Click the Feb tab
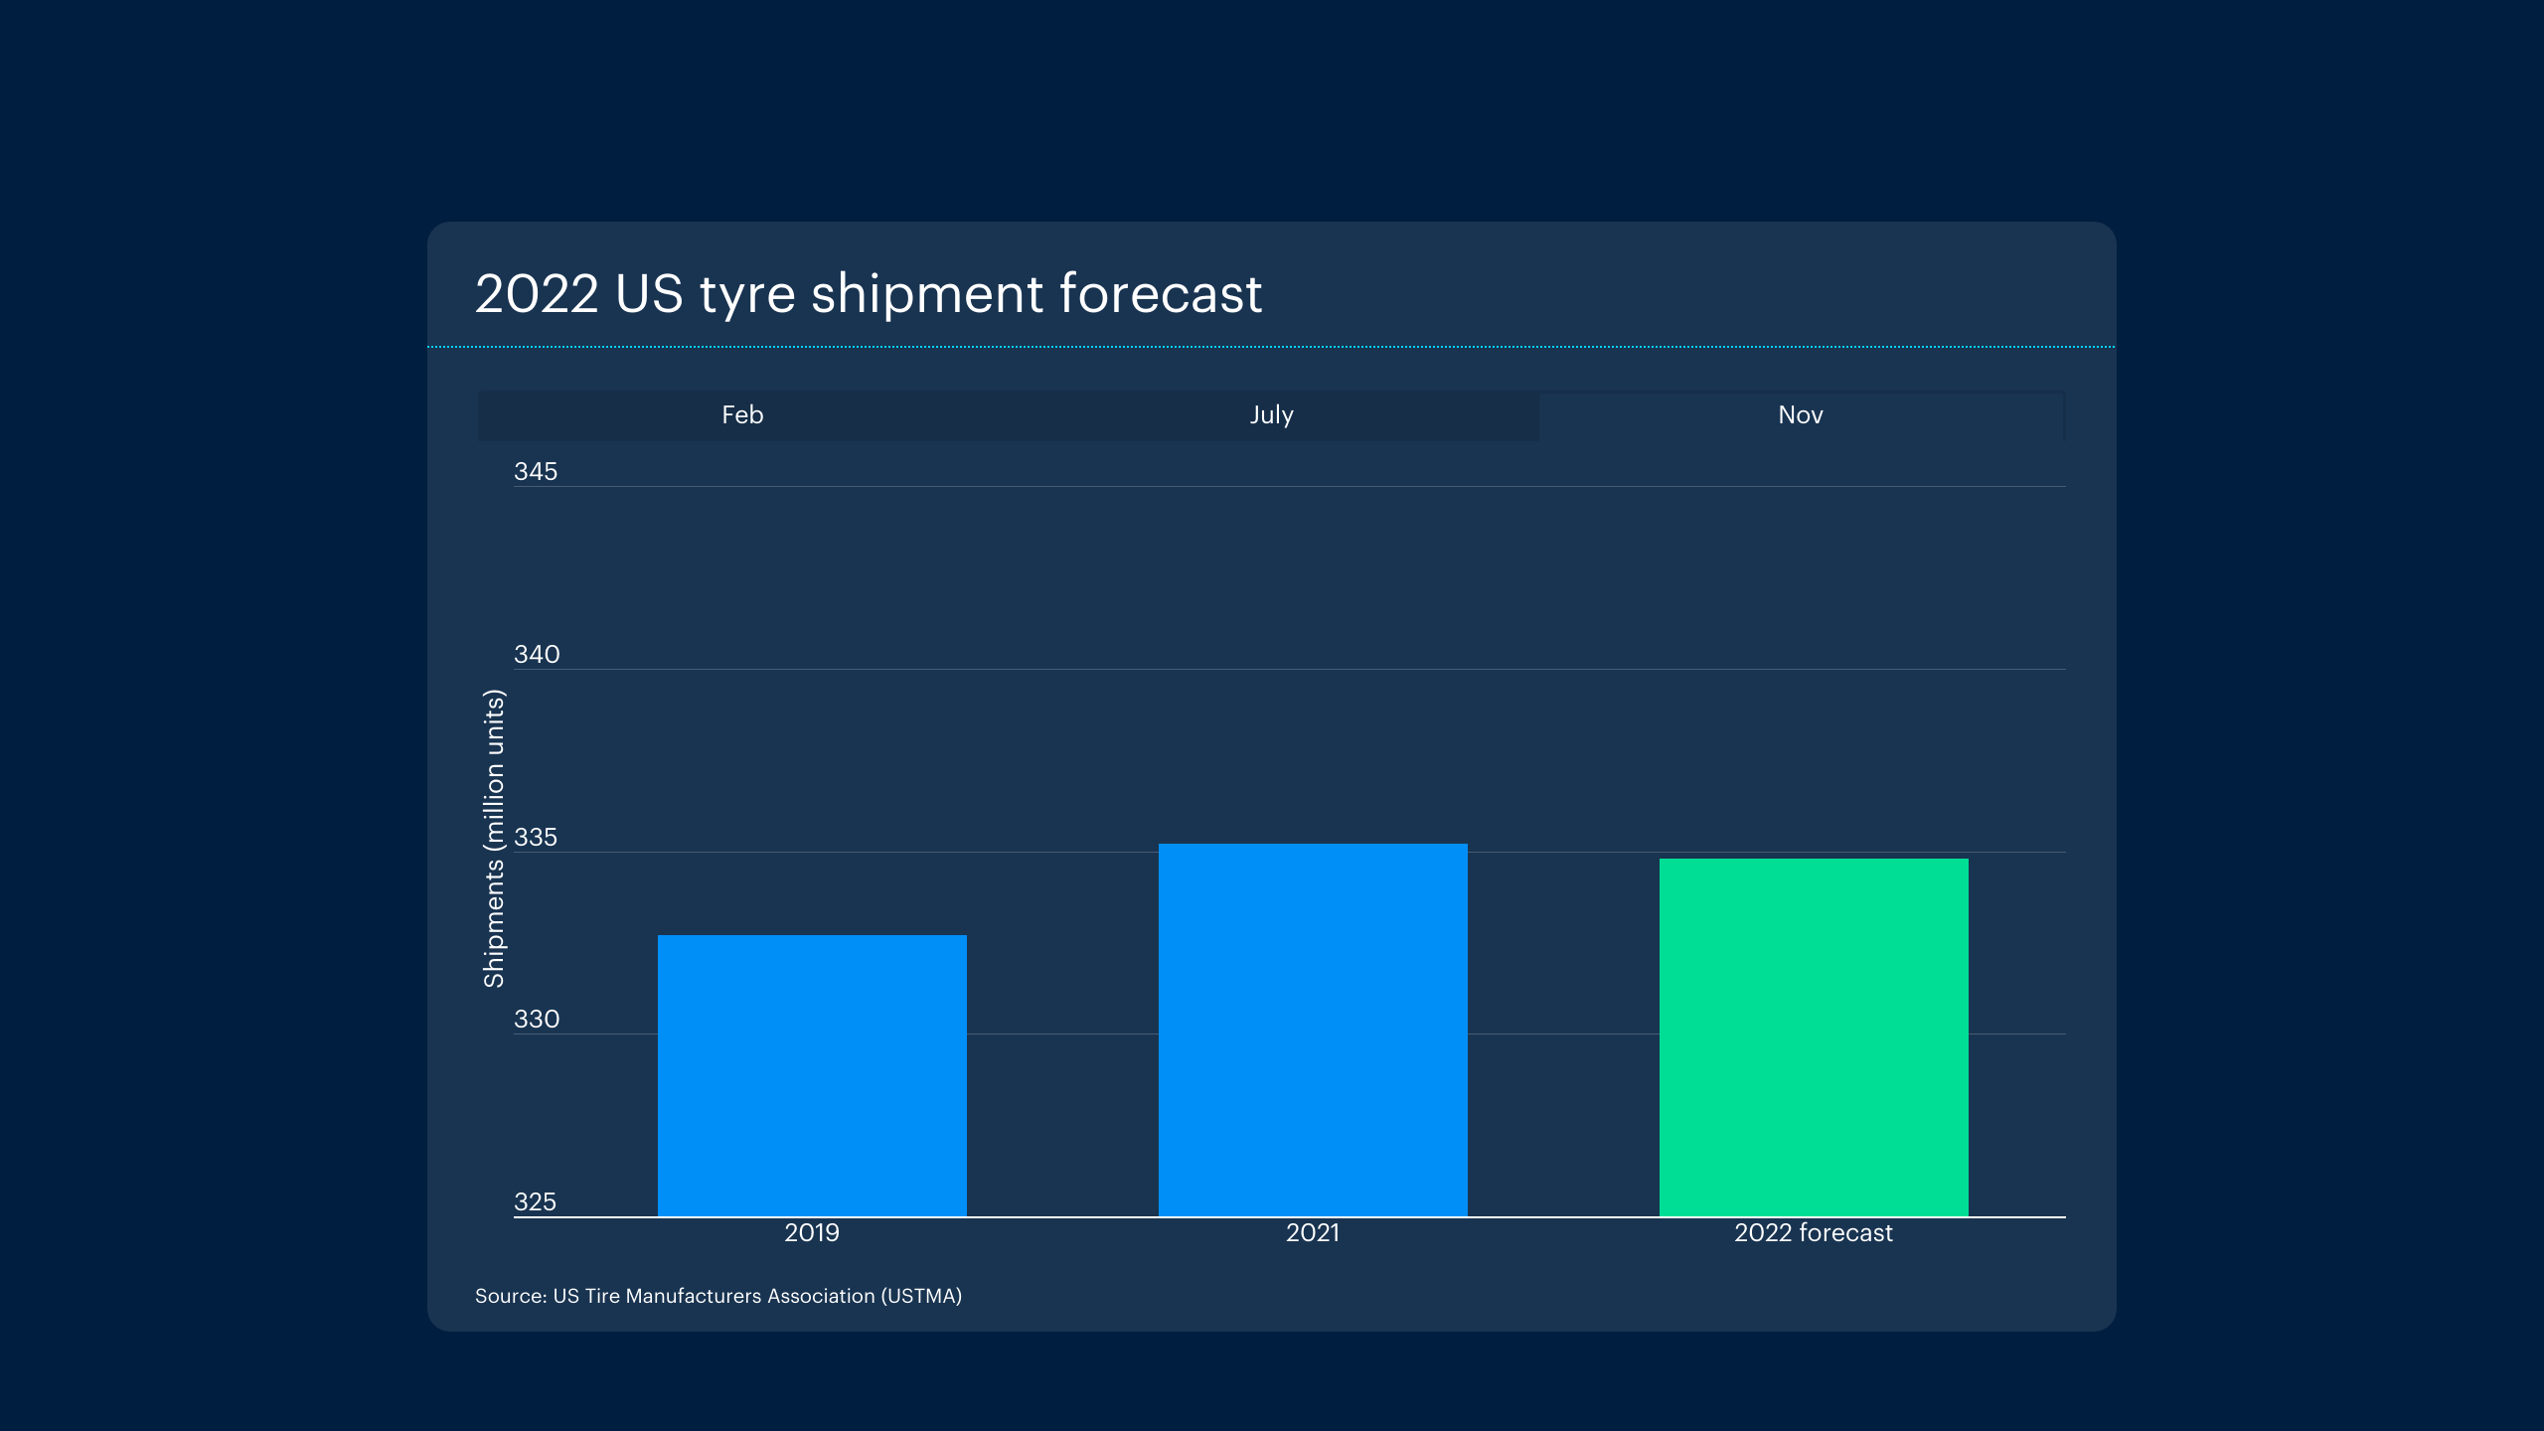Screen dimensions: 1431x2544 [x=742, y=414]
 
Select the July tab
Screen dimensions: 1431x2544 [x=1271, y=414]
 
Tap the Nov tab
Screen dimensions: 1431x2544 [x=1800, y=414]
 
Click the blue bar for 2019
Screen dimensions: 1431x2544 [x=812, y=1075]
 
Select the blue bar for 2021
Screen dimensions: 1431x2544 [x=1313, y=1030]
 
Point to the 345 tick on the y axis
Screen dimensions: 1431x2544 [x=536, y=471]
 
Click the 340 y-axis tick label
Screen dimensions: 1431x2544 [x=537, y=654]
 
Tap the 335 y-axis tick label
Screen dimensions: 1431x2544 [x=536, y=837]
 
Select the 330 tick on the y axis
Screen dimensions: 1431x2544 [x=537, y=1019]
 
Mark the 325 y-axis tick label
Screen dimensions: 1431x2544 [x=535, y=1201]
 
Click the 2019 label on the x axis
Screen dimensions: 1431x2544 [x=812, y=1232]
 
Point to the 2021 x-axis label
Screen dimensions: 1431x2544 [x=1313, y=1232]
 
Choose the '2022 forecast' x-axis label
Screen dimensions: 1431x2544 [x=1814, y=1232]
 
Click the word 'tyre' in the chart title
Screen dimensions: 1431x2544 [x=747, y=294]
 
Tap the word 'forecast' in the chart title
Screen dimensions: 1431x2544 [x=1161, y=294]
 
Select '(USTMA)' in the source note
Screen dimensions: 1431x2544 [x=921, y=1296]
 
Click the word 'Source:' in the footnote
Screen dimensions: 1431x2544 [x=511, y=1296]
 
